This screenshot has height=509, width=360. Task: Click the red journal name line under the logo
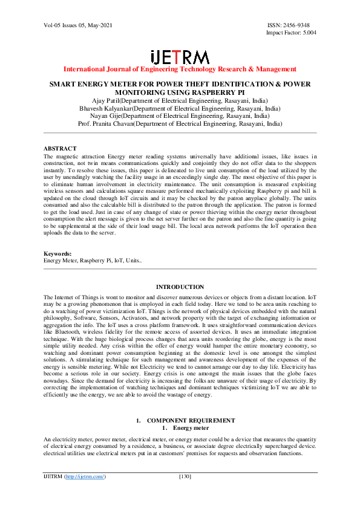coord(180,70)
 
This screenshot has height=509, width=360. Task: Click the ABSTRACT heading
coord(60,148)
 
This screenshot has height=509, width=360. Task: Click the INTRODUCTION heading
coord(180,287)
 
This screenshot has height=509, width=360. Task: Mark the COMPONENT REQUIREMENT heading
coord(191,420)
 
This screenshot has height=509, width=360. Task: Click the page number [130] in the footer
coord(185,476)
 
